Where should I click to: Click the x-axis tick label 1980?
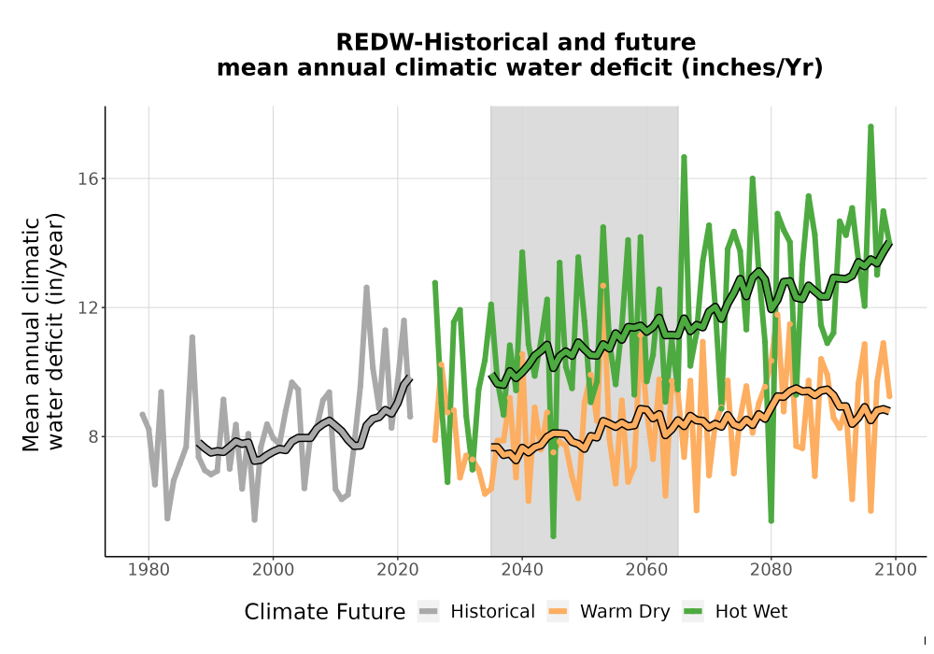click(149, 570)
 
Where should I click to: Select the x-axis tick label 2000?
click(273, 570)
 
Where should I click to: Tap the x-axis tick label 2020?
click(397, 570)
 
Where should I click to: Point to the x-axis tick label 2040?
click(522, 570)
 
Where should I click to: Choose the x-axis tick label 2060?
click(646, 570)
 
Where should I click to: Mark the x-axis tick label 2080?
click(771, 570)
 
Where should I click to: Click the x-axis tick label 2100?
click(896, 570)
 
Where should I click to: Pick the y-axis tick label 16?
click(88, 178)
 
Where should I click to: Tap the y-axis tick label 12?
click(88, 308)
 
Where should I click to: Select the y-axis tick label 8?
click(92, 436)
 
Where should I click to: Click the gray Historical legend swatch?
click(429, 612)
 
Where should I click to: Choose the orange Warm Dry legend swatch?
click(558, 612)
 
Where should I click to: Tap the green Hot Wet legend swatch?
click(693, 612)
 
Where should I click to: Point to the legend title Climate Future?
click(325, 612)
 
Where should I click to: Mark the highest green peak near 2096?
click(870, 126)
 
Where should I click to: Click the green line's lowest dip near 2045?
click(553, 535)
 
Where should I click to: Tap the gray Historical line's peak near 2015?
click(366, 288)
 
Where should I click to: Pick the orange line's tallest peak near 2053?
click(602, 286)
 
